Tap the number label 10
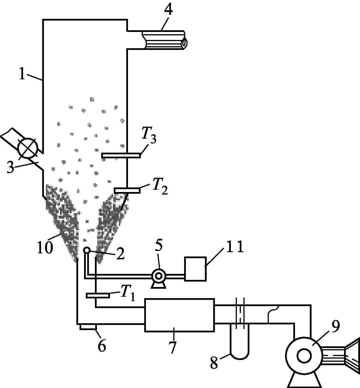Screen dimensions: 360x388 (x=45, y=247)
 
